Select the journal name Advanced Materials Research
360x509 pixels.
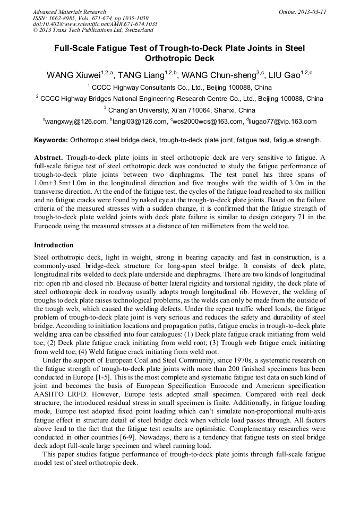[69, 12]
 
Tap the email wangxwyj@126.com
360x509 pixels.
[76, 122]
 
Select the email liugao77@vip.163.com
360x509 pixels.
[282, 122]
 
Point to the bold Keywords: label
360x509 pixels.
[51, 140]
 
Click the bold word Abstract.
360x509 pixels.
[48, 158]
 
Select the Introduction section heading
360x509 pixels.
[54, 245]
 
